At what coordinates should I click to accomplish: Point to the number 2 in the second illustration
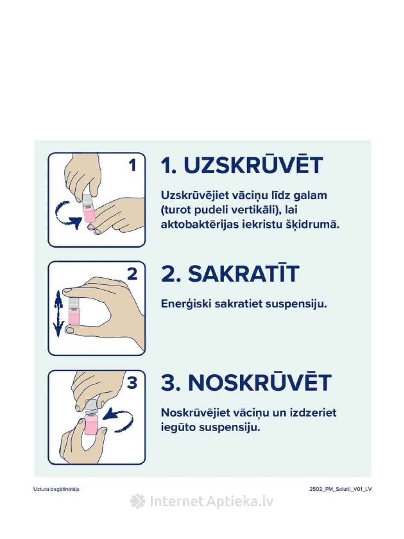[x=132, y=274]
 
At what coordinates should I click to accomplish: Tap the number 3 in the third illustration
[x=132, y=382]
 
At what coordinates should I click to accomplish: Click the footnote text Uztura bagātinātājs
[x=56, y=489]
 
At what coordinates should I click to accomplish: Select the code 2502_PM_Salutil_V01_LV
[x=340, y=489]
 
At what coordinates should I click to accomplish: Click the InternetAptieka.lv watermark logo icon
[x=138, y=501]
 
